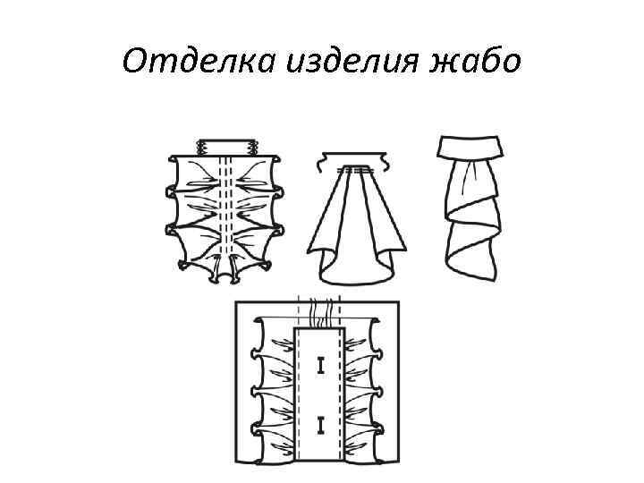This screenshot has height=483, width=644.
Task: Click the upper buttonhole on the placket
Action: click(319, 365)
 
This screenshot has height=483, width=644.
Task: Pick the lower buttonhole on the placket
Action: click(319, 423)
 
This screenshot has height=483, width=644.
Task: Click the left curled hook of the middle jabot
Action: click(320, 162)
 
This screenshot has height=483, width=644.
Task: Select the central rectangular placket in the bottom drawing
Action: click(319, 394)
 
